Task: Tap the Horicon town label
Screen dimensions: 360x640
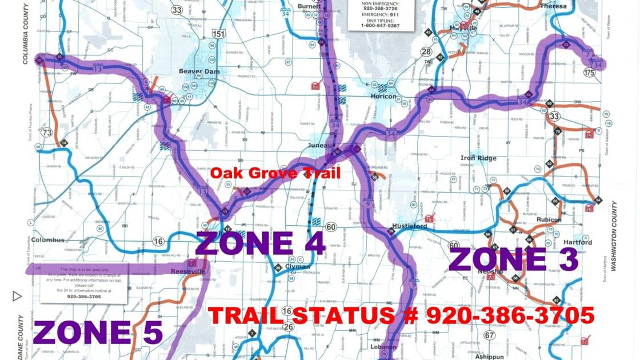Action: (383, 96)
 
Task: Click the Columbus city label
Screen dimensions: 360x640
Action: (47, 240)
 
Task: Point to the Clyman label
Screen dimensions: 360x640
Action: (297, 267)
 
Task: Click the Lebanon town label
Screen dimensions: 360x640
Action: (384, 347)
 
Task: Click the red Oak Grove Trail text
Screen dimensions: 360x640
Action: (275, 173)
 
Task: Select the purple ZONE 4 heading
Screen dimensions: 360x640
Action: (261, 243)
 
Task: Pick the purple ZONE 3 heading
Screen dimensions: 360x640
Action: (514, 259)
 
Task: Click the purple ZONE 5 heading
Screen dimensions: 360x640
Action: (98, 333)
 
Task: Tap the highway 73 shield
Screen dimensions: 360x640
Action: (47, 133)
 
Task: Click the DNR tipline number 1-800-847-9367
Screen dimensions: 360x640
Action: (381, 26)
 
